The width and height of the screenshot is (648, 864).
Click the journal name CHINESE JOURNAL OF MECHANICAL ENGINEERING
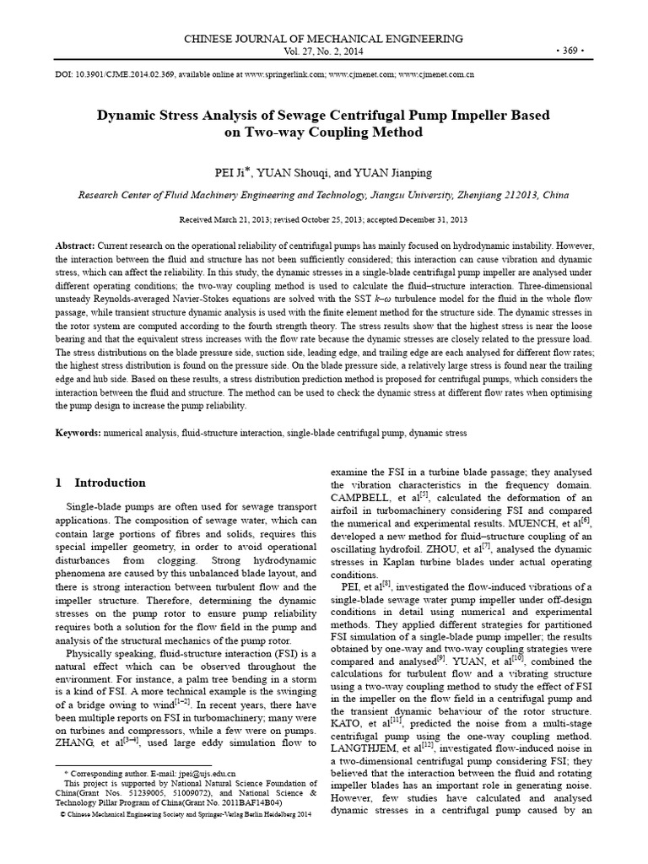click(x=323, y=39)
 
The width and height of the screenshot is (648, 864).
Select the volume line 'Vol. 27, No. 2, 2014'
click(x=323, y=51)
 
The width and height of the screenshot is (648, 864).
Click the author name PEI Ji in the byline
click(x=235, y=172)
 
